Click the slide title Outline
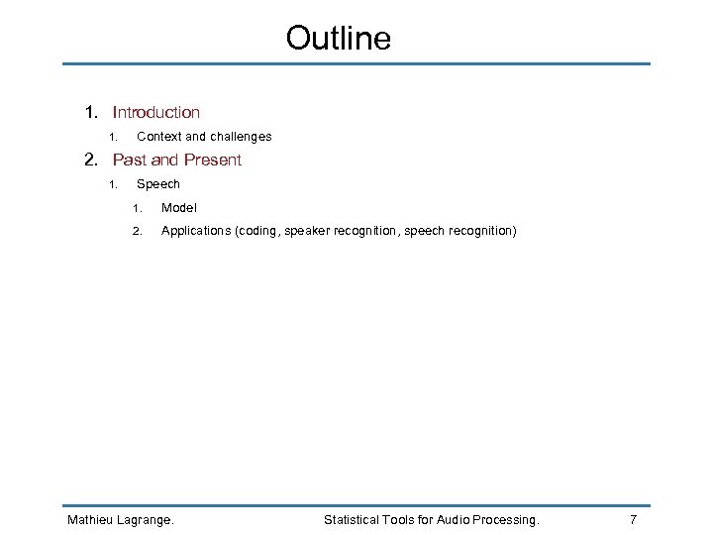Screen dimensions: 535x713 tap(339, 38)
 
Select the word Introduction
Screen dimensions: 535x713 tap(156, 113)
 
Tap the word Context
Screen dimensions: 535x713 tap(158, 137)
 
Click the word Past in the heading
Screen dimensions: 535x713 tap(130, 160)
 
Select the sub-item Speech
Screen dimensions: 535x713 tap(158, 184)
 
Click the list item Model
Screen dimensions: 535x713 tap(179, 208)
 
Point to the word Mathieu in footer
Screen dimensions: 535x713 tap(90, 520)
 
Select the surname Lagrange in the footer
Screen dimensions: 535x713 tap(147, 520)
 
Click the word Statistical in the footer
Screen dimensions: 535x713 tap(355, 520)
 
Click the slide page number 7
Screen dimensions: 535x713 tap(633, 520)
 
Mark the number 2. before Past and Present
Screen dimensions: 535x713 tap(91, 160)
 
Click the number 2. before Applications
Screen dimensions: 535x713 tap(138, 232)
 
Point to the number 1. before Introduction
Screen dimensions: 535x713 tap(91, 113)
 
